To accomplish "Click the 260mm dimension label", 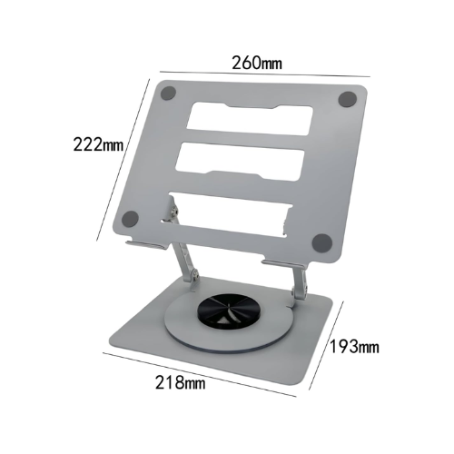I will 256,64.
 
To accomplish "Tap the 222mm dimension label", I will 99,143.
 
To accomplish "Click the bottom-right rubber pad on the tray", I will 321,242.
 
